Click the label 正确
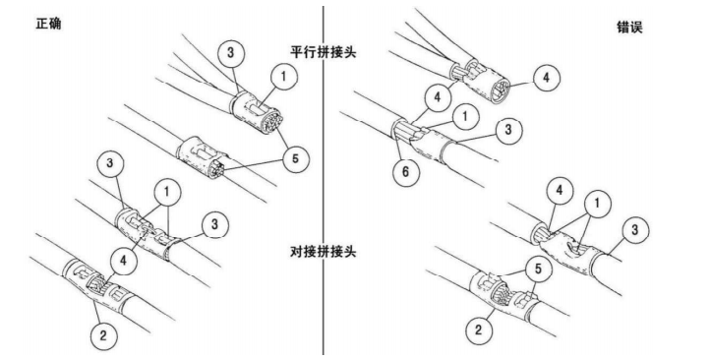[x=48, y=24]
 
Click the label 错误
[x=629, y=28]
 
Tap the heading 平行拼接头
[x=324, y=52]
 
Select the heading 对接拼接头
[x=324, y=251]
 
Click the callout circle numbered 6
[x=405, y=171]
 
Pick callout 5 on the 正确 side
[x=295, y=158]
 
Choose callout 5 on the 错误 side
[x=538, y=269]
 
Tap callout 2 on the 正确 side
[x=103, y=335]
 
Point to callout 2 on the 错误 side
[x=478, y=330]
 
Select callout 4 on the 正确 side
[x=123, y=261]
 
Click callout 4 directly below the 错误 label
[x=546, y=78]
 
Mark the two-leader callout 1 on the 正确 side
[x=167, y=192]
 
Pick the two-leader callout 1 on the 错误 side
[x=597, y=204]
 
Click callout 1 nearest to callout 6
[x=465, y=116]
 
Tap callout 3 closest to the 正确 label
[x=230, y=52]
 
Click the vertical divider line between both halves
[x=324, y=180]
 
